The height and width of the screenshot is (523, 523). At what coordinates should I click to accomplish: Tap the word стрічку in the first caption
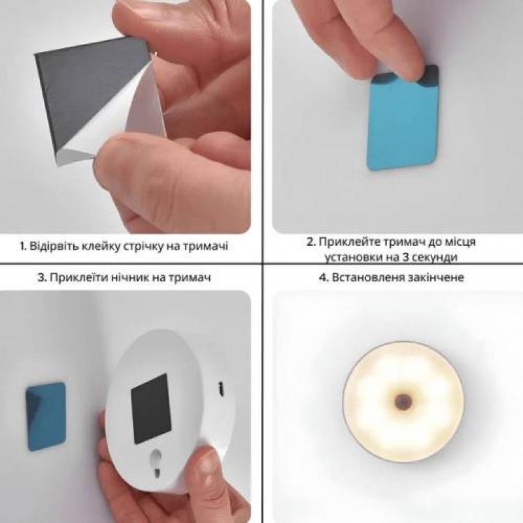pos(154,247)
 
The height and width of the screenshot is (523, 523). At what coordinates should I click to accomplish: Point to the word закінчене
pos(438,278)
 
